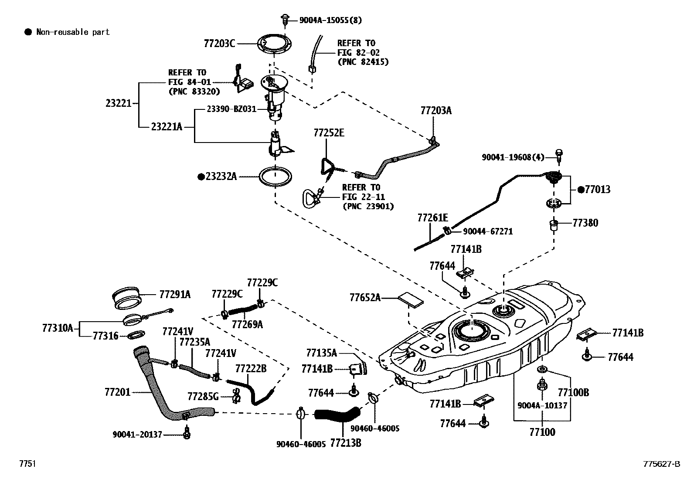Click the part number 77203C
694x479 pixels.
[219, 43]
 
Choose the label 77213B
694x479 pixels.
[346, 443]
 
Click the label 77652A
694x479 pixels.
[365, 298]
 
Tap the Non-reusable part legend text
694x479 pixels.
[72, 32]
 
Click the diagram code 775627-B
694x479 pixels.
[661, 464]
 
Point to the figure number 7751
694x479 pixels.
[27, 464]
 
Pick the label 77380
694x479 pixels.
[585, 223]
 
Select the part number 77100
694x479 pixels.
[542, 432]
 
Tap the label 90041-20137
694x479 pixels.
[137, 434]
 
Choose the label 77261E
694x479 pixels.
[432, 217]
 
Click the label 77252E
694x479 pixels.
[329, 133]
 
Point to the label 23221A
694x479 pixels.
[167, 127]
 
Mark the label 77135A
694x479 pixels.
[322, 353]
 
